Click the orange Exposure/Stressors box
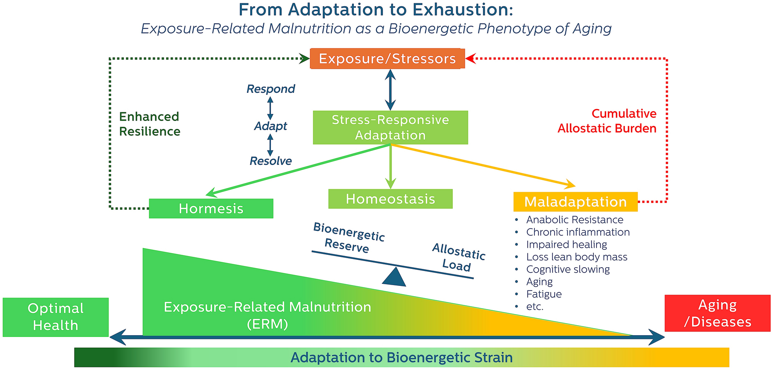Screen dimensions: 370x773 [387, 59]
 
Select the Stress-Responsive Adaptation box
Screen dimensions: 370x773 [390, 128]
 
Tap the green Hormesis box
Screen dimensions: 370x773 [211, 208]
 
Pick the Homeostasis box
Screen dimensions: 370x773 [390, 199]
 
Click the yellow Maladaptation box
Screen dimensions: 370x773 [575, 202]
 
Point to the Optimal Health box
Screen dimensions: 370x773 [56, 317]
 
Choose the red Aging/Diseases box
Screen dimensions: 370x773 [717, 313]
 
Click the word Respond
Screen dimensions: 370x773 [271, 89]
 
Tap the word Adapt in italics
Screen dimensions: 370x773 [271, 126]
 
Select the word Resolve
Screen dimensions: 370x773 [271, 161]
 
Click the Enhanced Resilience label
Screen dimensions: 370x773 [150, 124]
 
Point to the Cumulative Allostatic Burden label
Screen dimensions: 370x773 [607, 121]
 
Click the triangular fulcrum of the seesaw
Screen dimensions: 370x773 [394, 278]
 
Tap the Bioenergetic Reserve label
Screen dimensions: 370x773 [348, 238]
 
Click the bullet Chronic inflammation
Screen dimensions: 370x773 [577, 232]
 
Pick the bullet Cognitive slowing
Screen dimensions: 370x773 [568, 269]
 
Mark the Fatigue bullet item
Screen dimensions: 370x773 [544, 294]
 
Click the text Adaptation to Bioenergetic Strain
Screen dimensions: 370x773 [401, 357]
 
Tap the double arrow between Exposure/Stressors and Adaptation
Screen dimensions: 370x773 [390, 89]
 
